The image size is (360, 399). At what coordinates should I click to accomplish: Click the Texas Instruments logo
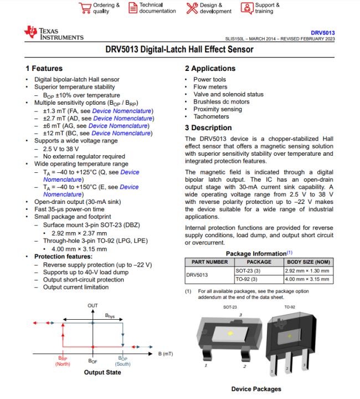(54, 34)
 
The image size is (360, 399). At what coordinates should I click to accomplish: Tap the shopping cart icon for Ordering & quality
(85, 8)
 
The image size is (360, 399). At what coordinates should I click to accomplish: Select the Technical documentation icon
(133, 8)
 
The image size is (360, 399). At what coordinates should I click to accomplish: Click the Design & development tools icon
(192, 8)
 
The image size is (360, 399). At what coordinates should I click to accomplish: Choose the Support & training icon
(246, 8)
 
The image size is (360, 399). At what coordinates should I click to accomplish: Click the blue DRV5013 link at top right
(322, 33)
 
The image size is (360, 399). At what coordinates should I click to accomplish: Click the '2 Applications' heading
(210, 69)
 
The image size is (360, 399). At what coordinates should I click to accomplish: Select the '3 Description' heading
(208, 128)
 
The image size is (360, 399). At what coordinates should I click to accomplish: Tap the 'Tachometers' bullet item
(211, 117)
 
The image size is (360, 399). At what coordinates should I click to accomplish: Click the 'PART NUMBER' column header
(209, 262)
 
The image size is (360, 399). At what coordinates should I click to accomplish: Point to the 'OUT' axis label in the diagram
(92, 306)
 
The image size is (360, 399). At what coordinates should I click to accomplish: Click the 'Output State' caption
(102, 372)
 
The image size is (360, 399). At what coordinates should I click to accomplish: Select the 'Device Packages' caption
(256, 389)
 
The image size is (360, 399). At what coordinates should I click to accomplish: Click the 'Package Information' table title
(257, 253)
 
